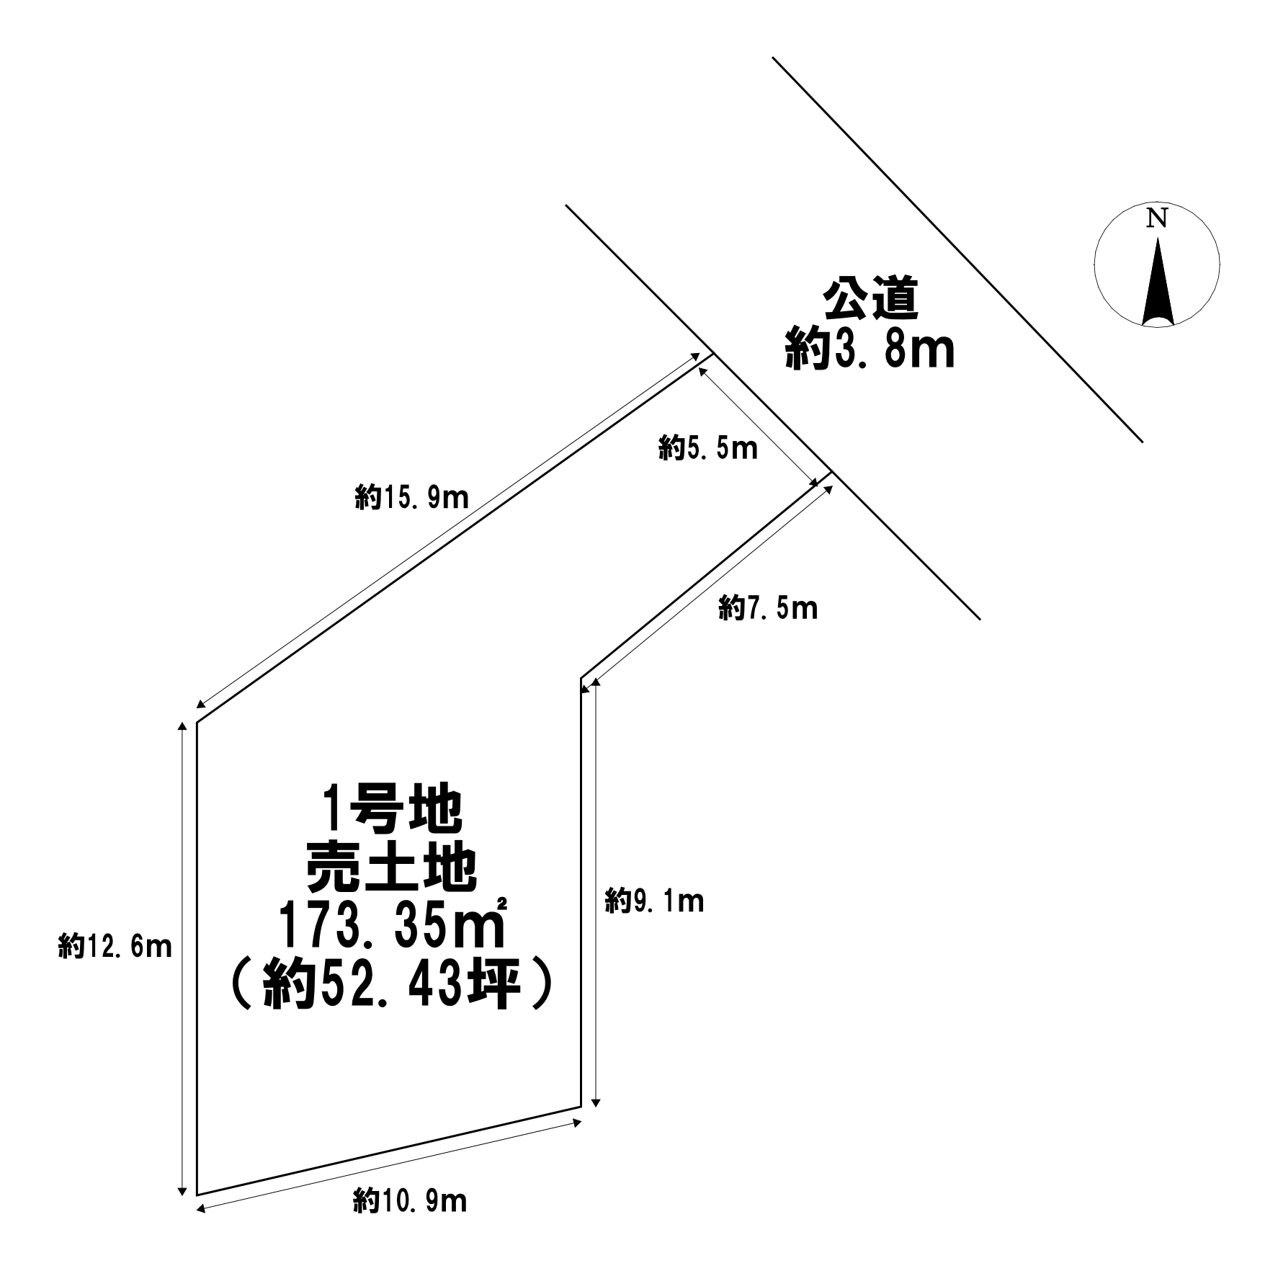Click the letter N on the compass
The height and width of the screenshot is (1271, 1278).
pos(1156,218)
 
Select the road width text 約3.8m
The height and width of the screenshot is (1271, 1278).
pos(870,349)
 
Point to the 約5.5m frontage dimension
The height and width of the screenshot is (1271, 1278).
pos(707,449)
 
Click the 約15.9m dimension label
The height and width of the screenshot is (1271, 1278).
pos(411,497)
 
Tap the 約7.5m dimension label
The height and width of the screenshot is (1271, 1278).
pos(768,610)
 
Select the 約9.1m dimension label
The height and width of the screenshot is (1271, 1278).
pos(654,901)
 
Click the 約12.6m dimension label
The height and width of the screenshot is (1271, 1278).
pos(115,946)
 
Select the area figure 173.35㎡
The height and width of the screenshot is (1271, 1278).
pos(392,927)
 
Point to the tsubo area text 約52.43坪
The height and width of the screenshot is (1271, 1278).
pos(390,986)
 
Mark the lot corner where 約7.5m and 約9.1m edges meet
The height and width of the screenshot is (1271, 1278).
pos(581,678)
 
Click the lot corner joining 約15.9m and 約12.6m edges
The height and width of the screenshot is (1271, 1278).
pos(197,722)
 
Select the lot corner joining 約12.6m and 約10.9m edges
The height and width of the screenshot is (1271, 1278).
pos(197,1195)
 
